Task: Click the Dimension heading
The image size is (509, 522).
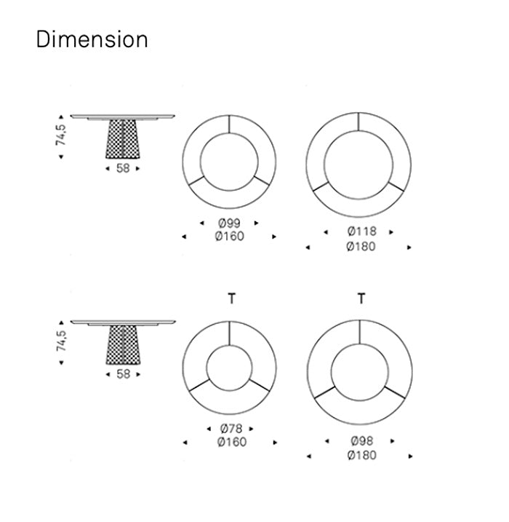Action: [x=92, y=39]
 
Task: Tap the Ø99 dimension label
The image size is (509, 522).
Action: [x=229, y=223]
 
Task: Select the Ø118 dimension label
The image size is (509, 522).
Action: [x=362, y=231]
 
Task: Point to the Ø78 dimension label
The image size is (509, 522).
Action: [x=231, y=429]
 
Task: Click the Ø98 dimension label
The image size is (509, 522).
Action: [x=362, y=440]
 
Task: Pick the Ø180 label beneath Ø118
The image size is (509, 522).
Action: [x=361, y=247]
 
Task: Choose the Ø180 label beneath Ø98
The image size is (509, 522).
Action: [x=362, y=455]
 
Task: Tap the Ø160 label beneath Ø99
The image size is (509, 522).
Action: [x=229, y=236]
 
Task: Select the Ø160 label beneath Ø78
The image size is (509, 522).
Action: [x=232, y=442]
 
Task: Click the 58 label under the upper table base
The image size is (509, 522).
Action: [x=123, y=168]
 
